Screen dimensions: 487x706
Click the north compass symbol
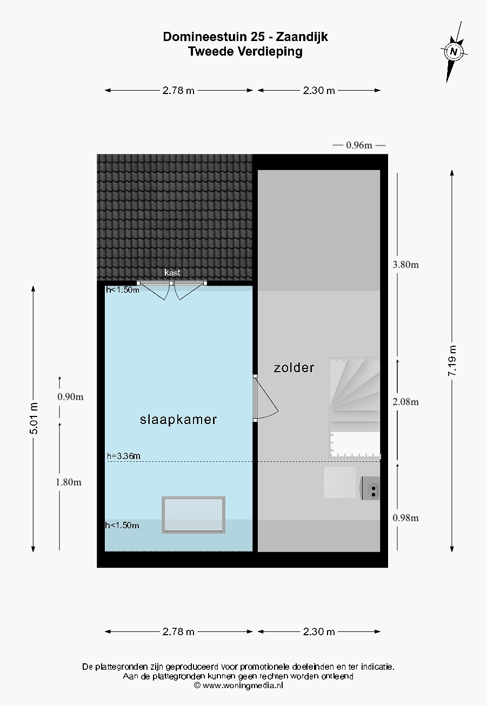[x=453, y=52]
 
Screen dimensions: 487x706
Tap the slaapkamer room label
[x=178, y=420]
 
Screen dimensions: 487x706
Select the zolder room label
[x=294, y=367]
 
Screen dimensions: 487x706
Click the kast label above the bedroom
[x=172, y=272]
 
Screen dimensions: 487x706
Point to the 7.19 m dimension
[x=452, y=361]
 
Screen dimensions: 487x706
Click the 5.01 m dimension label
[x=34, y=418]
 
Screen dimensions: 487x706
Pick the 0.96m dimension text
[x=359, y=145]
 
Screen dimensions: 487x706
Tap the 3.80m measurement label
[x=405, y=265]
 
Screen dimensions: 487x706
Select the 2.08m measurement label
[x=405, y=402]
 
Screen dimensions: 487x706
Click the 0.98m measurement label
[x=405, y=518]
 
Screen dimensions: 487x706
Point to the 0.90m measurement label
[x=70, y=396]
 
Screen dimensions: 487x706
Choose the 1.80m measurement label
[x=69, y=482]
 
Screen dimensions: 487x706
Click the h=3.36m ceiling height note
[x=124, y=456]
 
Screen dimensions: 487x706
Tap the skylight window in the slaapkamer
[x=194, y=515]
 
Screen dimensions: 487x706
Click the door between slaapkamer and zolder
[x=265, y=399]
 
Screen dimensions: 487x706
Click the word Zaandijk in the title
[x=302, y=37]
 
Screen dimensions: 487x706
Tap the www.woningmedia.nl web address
[x=243, y=685]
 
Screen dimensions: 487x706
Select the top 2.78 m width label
[x=178, y=91]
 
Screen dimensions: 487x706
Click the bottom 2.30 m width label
[x=318, y=631]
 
